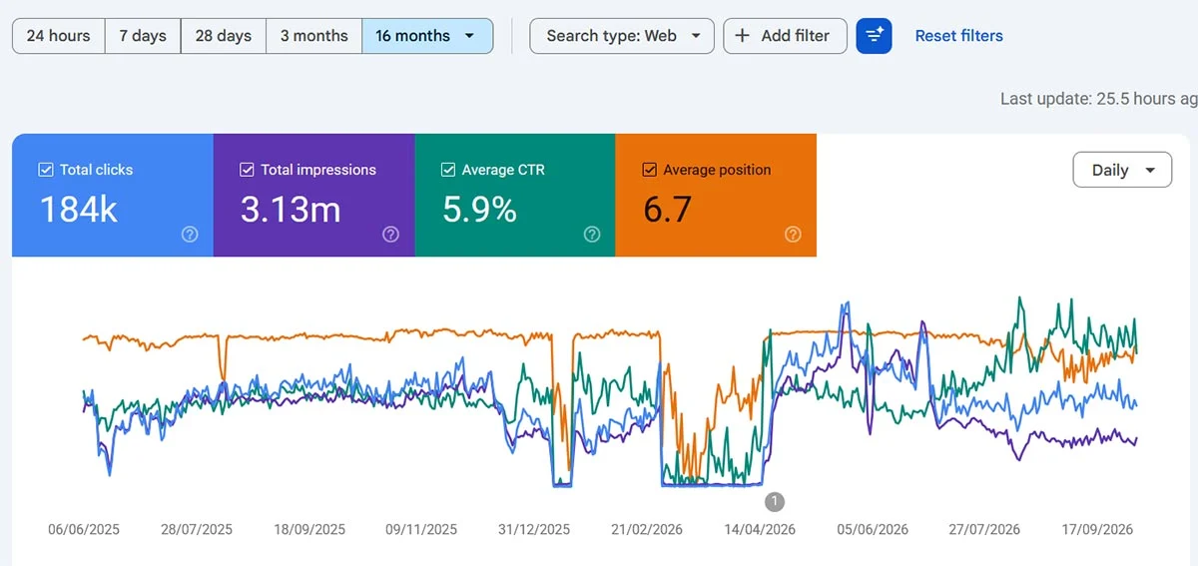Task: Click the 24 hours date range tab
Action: pos(58,36)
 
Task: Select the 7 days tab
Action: pos(143,36)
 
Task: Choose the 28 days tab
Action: pos(223,36)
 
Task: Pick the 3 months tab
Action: pos(313,36)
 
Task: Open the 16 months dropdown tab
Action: pos(427,36)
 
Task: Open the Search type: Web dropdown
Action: pos(621,36)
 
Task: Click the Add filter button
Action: pos(785,36)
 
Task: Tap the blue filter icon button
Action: pos(874,36)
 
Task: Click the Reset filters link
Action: pos(959,36)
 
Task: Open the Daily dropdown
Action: pos(1122,170)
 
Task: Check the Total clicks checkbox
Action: pos(46,170)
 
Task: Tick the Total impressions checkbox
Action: pos(247,170)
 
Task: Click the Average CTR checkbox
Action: pos(447,170)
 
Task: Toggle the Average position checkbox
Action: pos(649,170)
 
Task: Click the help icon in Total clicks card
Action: pos(190,235)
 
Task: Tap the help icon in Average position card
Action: pos(793,235)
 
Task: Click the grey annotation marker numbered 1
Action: pos(775,502)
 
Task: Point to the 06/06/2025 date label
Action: pos(84,530)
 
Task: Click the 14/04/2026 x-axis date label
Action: pos(760,530)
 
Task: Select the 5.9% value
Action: pos(479,209)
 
